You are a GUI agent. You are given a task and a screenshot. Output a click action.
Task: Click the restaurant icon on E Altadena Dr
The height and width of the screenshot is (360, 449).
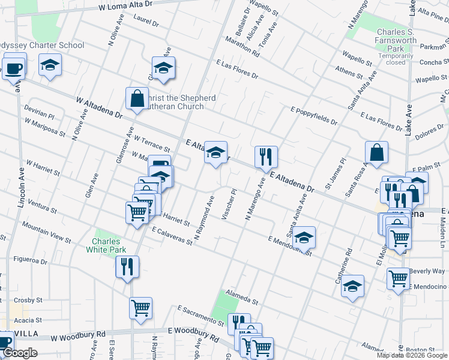[265, 157]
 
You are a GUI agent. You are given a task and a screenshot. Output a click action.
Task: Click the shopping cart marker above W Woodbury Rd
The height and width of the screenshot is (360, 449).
[140, 308]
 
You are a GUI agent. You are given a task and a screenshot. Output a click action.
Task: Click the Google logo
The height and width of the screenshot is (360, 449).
[19, 353]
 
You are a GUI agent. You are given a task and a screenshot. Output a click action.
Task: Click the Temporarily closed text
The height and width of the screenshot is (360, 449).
[396, 59]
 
